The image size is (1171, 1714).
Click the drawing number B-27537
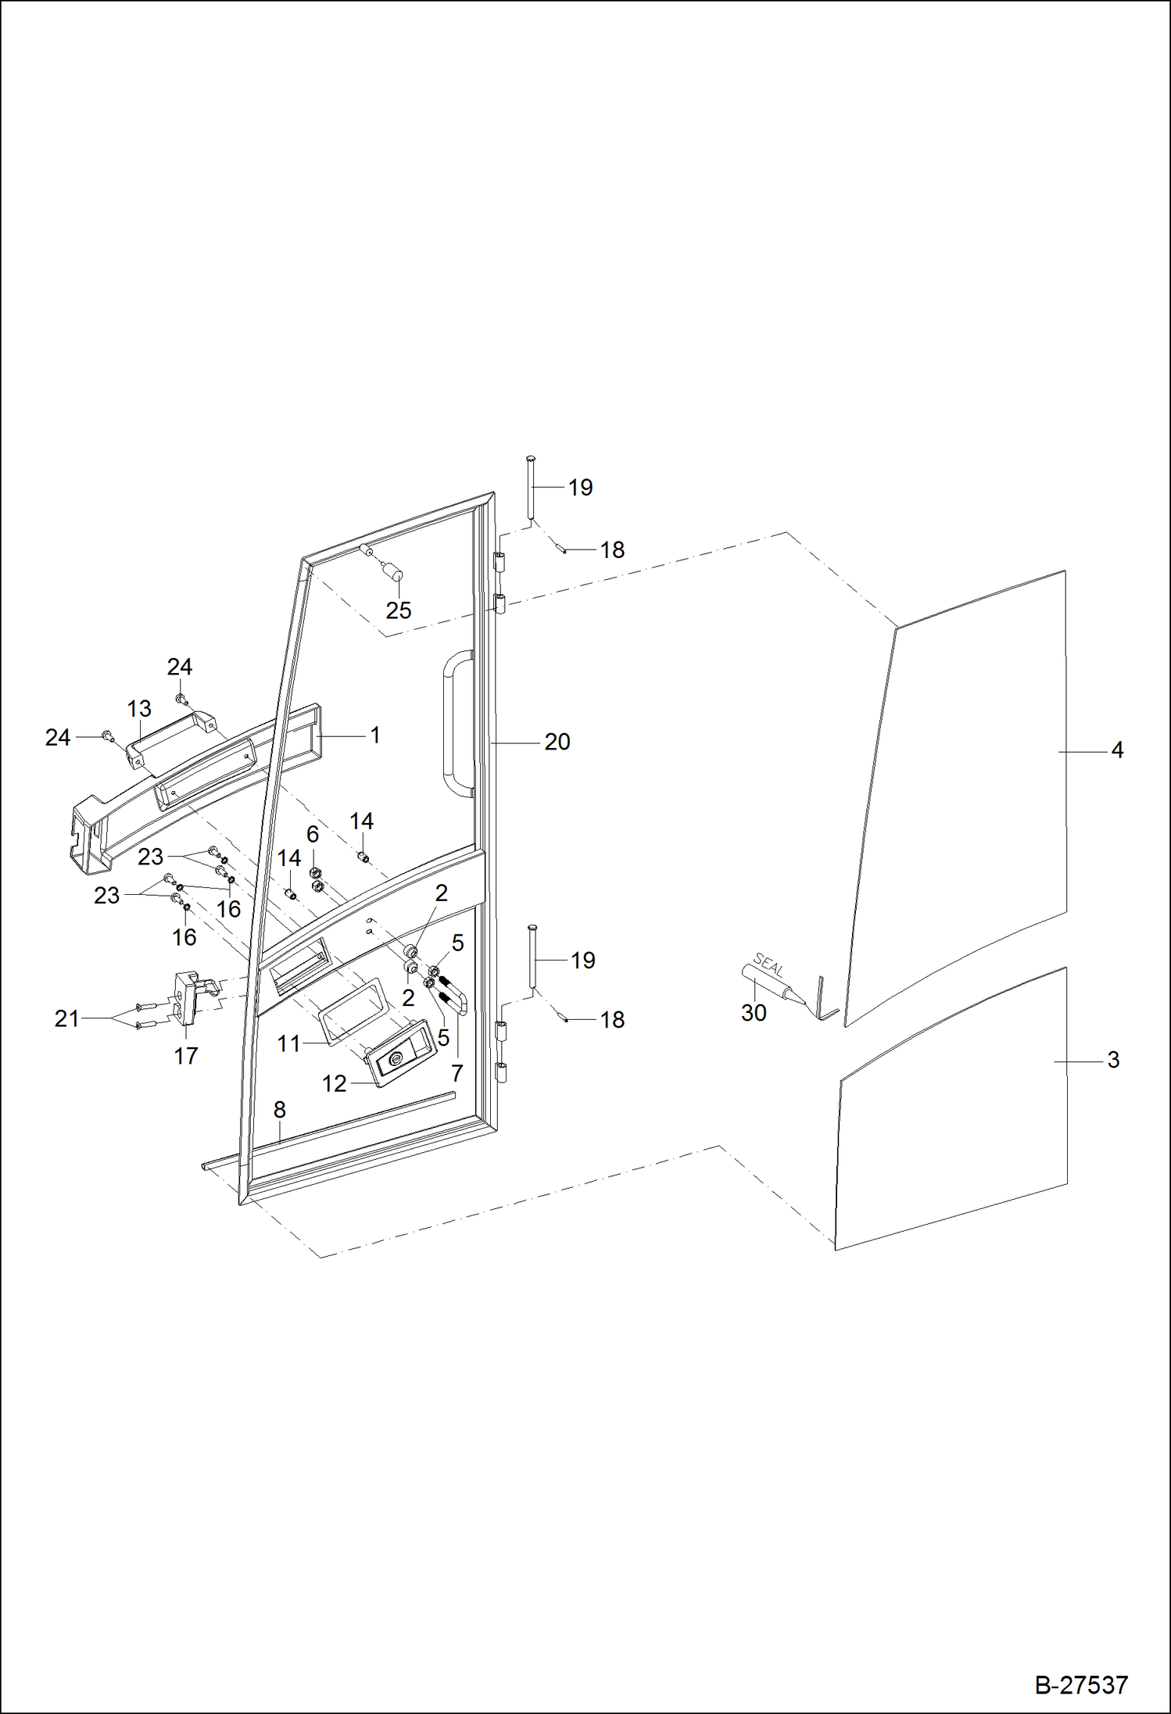[1081, 1685]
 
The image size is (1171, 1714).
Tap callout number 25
[398, 610]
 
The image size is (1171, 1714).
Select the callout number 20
[557, 742]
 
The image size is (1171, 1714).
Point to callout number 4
[1117, 750]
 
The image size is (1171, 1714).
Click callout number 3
[1113, 1060]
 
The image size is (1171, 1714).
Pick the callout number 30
[754, 1013]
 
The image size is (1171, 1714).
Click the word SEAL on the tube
[768, 966]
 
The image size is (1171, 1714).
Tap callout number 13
[139, 709]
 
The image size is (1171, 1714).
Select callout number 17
[185, 1056]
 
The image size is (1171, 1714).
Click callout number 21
[66, 1018]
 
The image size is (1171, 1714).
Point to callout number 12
[334, 1083]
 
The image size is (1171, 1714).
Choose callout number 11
[288, 1043]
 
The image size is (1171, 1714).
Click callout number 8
[279, 1110]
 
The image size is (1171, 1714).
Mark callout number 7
[457, 1073]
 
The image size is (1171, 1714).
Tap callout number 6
[313, 834]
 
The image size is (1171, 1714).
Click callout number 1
[374, 735]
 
